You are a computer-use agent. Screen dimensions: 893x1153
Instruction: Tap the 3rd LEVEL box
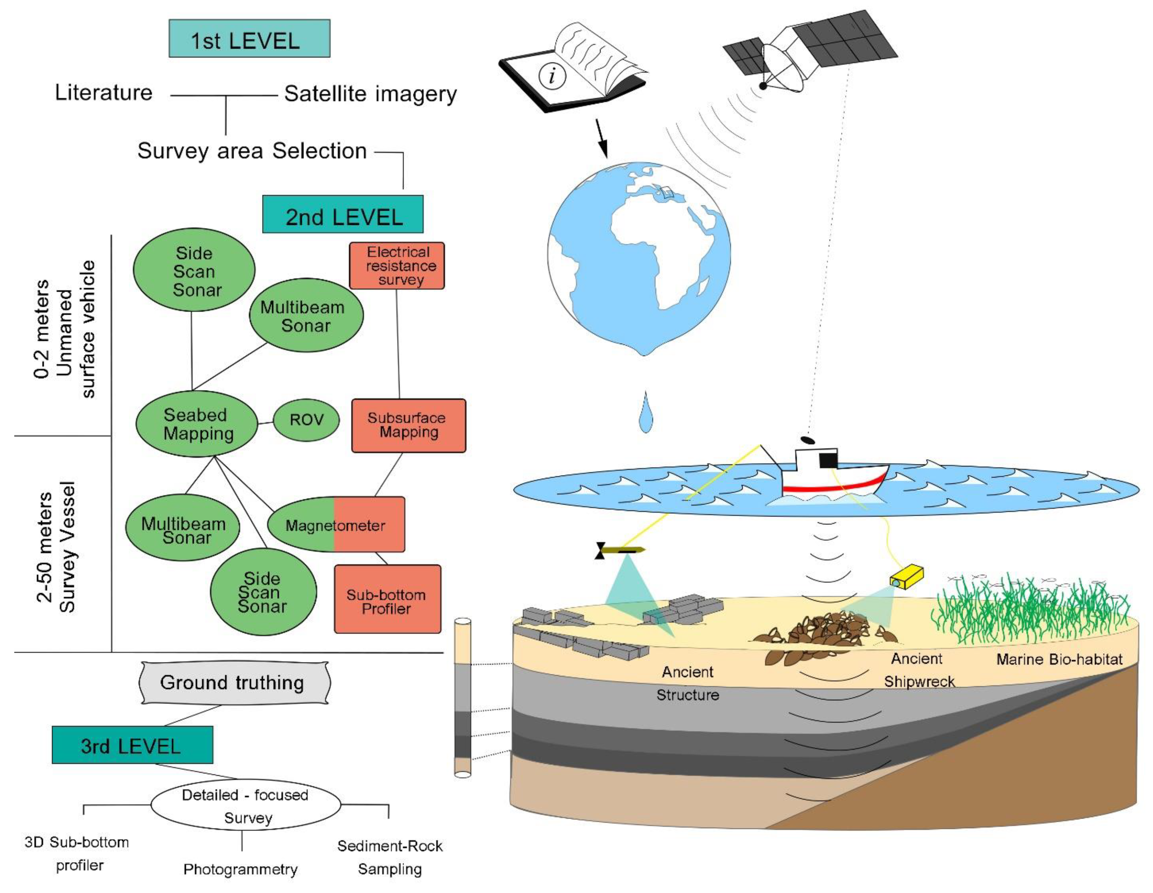[x=132, y=745]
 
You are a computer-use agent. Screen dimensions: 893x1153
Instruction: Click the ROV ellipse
[x=306, y=420]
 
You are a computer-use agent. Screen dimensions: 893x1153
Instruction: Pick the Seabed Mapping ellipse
[x=197, y=424]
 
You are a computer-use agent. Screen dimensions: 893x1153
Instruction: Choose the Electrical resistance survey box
[x=397, y=266]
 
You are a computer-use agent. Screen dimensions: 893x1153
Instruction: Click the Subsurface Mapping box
[x=408, y=426]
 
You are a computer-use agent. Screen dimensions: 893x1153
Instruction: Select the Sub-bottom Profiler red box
[x=387, y=599]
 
